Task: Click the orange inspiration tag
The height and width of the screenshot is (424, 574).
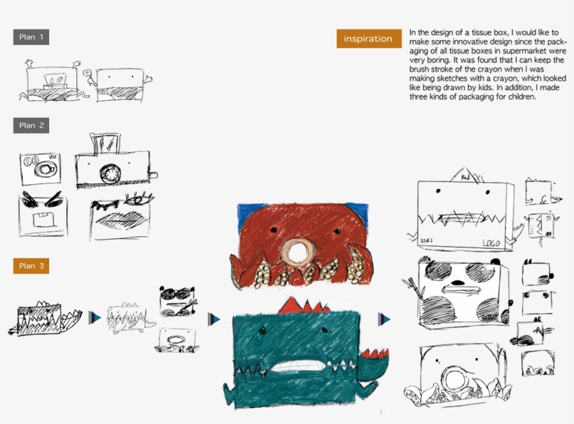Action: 369,39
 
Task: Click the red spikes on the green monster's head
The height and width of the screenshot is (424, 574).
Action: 304,306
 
